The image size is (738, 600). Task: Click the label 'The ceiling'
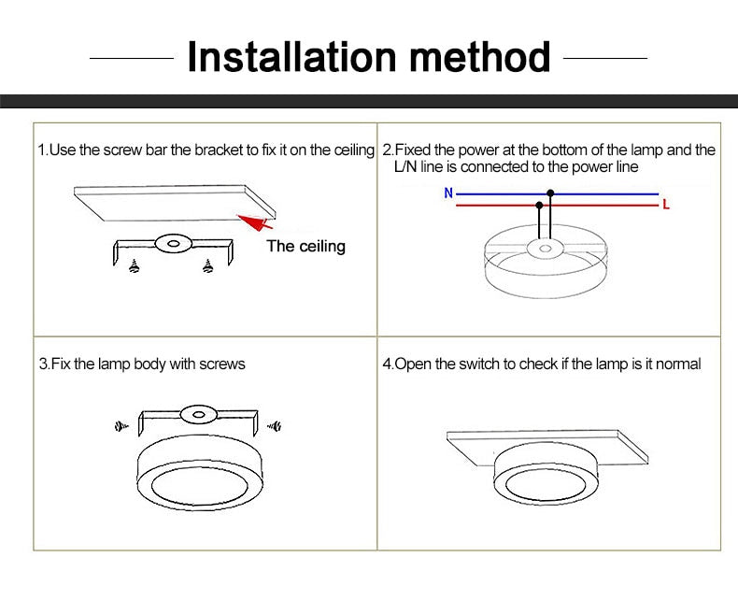point(305,246)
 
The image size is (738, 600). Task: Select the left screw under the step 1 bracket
point(134,266)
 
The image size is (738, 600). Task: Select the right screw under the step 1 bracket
point(206,267)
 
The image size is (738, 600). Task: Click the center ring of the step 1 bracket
point(170,243)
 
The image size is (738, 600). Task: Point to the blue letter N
point(448,193)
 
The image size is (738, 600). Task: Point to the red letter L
point(665,204)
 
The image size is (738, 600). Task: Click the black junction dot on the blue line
point(551,193)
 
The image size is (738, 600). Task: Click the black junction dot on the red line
point(539,204)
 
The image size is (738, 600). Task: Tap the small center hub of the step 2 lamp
point(542,249)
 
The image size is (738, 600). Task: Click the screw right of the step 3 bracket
point(274,426)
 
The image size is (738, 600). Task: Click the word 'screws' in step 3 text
point(221,364)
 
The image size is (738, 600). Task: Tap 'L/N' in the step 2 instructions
point(393,166)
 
